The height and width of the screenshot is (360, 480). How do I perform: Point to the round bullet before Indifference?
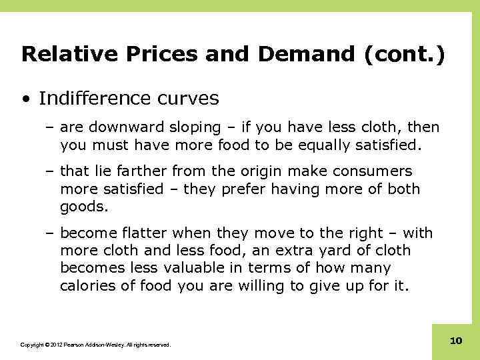pos(25,99)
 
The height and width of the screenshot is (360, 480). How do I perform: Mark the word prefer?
pos(251,189)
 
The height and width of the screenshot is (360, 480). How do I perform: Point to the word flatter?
pos(144,234)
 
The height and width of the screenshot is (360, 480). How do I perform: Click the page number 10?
pos(456,341)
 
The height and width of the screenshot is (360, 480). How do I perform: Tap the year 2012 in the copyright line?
pos(53,345)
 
